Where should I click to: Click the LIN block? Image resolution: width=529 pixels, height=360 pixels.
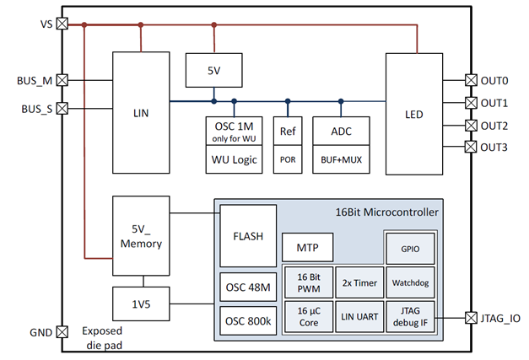click(x=141, y=111)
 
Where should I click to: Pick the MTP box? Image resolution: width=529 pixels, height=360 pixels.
click(x=307, y=248)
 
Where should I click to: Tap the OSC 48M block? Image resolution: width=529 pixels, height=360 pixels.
click(x=248, y=287)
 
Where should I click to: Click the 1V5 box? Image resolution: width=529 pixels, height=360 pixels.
click(x=141, y=302)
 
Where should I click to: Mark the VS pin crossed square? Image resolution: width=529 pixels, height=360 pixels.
click(x=62, y=24)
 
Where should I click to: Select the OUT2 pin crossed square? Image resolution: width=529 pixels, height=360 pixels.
click(x=471, y=126)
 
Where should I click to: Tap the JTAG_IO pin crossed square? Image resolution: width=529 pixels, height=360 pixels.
click(x=471, y=318)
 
